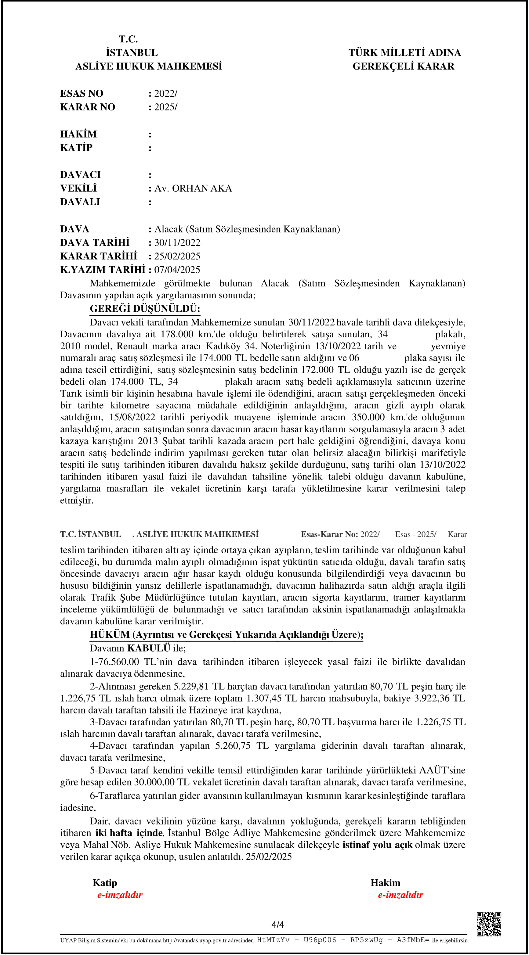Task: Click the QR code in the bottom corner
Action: (x=489, y=924)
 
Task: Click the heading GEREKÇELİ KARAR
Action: (x=403, y=66)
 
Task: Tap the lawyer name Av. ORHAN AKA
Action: (x=193, y=188)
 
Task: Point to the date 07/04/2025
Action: (x=177, y=270)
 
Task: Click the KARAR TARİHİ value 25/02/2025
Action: (x=177, y=256)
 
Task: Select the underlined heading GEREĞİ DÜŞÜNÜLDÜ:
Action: (x=145, y=308)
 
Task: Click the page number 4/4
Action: (x=277, y=924)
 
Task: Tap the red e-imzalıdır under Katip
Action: (x=120, y=895)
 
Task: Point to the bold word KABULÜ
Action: (x=148, y=648)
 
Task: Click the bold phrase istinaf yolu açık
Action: (x=377, y=845)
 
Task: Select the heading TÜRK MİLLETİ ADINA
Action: (x=404, y=53)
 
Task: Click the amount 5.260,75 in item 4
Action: (x=233, y=745)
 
